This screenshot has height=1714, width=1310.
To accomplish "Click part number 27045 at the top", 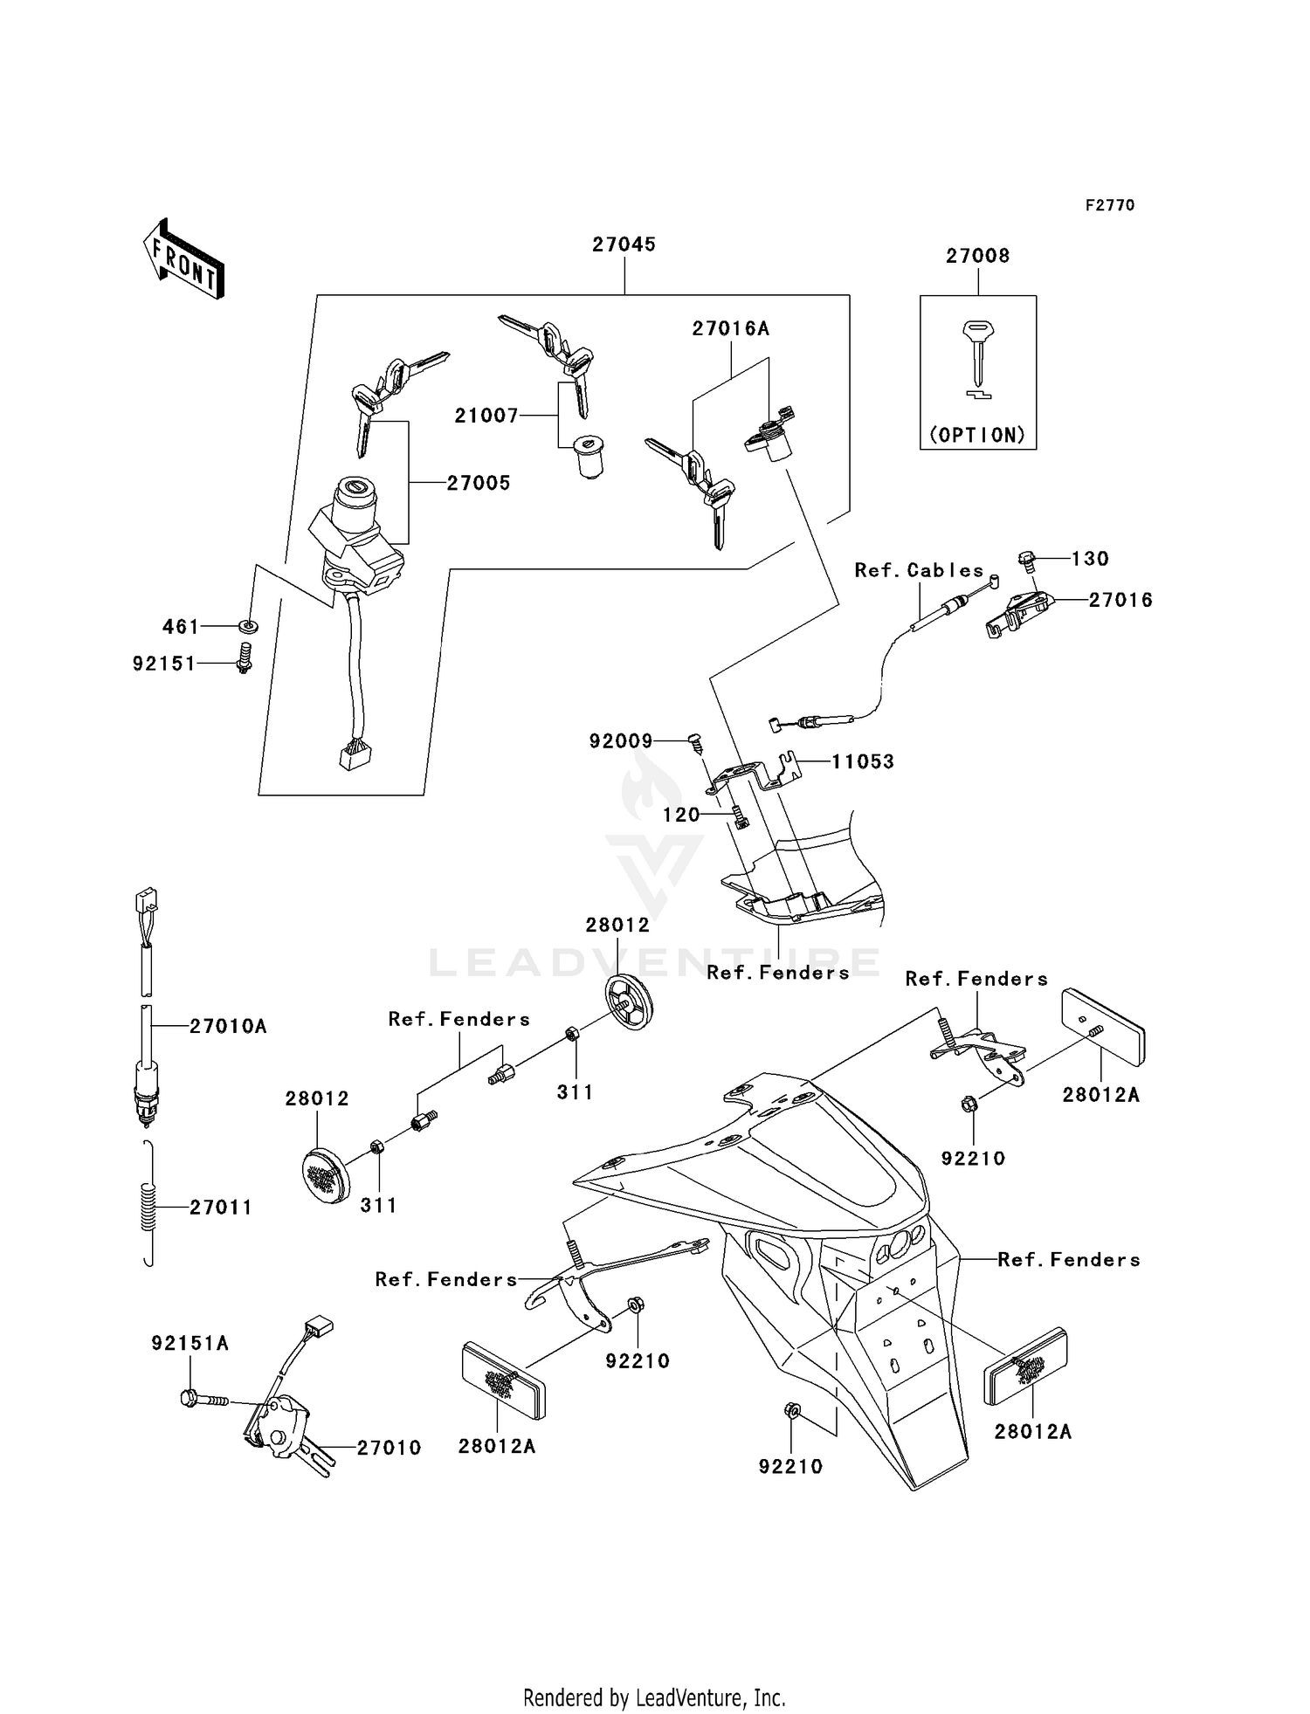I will tap(624, 245).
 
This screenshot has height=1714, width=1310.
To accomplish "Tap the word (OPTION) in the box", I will tap(977, 435).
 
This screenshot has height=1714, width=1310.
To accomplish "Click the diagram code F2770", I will tap(1109, 205).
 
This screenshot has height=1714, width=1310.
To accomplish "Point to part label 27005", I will tap(479, 483).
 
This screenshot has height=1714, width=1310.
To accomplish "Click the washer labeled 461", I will tap(248, 626).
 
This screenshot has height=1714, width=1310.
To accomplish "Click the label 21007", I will tap(486, 416).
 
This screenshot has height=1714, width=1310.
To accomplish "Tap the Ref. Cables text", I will tap(919, 570).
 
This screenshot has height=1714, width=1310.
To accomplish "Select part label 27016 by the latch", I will tap(1120, 600).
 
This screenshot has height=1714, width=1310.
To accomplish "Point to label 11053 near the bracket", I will tap(862, 761).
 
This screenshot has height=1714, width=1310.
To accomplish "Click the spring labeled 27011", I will tap(148, 1206).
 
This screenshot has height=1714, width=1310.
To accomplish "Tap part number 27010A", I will tap(228, 1027).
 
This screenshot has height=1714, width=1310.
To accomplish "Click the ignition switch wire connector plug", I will tap(355, 755).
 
